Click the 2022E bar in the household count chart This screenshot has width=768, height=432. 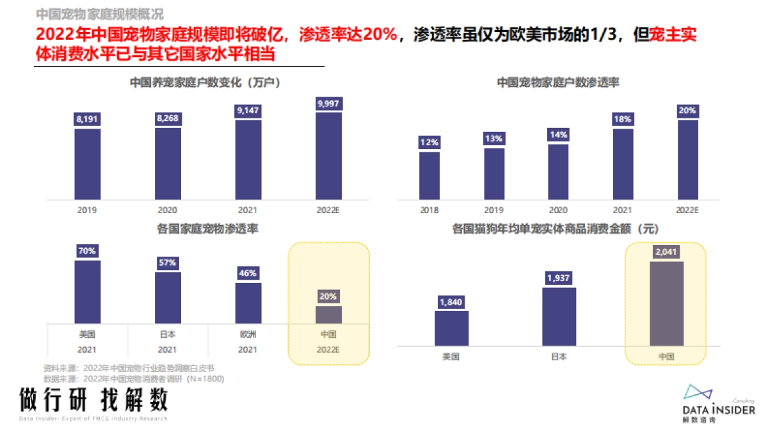pos(329,156)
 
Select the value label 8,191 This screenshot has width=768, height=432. pos(87,120)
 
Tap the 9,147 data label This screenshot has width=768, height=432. pos(248,111)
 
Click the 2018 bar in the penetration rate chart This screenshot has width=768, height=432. pos(429,175)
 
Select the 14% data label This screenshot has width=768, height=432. pos(557,134)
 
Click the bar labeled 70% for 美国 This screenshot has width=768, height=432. pos(87,291)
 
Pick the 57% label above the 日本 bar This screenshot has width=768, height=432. pos(168,263)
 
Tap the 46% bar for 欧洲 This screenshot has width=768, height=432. pos(248,302)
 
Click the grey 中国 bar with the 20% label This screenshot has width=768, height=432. pos(329,314)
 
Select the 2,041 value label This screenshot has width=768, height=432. pos(666,252)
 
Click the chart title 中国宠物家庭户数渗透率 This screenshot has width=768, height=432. pos(557,83)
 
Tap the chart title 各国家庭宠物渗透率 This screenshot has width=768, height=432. pos(207,228)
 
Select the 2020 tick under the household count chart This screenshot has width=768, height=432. pos(168,209)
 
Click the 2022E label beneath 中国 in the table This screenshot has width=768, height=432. pos(328,349)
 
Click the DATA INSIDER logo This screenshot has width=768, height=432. pos(717,404)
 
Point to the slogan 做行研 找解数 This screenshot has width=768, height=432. pos(93,399)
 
